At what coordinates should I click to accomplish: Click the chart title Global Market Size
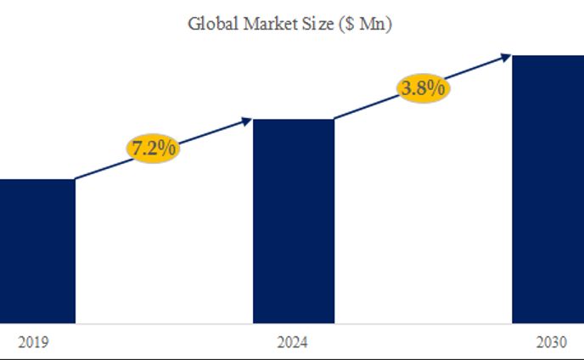[x=289, y=23]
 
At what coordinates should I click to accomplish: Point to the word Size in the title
[x=317, y=23]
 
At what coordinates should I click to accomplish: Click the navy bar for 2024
[x=294, y=221]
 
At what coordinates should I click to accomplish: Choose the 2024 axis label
[x=293, y=343]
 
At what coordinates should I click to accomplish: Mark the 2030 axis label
[x=552, y=343]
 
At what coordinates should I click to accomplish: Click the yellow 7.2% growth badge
[x=153, y=148]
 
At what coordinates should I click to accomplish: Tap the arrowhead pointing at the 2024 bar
[x=247, y=121]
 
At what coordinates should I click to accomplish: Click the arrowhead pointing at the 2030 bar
[x=506, y=57]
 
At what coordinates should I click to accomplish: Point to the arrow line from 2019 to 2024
[x=102, y=170]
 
